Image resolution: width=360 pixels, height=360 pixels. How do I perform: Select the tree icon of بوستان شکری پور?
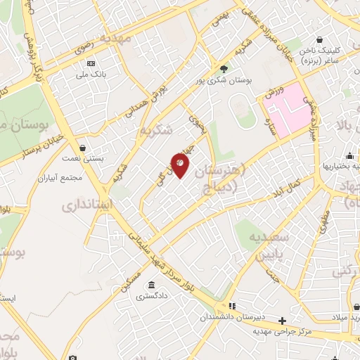click(224, 68)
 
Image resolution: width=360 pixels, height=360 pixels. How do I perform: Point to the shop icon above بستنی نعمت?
click(84, 148)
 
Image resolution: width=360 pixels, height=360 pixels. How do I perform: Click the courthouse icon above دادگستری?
click(151, 285)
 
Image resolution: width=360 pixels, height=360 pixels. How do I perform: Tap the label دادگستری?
click(151, 297)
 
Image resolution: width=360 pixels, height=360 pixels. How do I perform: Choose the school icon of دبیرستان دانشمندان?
click(231, 307)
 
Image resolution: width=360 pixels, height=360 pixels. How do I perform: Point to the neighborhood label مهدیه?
click(116, 37)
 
